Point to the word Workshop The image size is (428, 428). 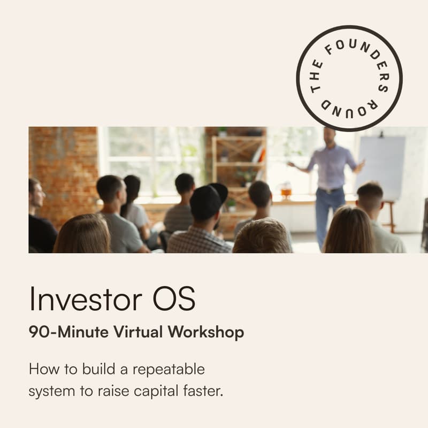[x=206, y=332]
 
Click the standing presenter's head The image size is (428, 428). [x=329, y=136]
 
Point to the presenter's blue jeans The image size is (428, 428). [x=327, y=214]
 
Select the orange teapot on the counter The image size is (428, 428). [x=286, y=190]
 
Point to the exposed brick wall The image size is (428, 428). [x=62, y=160]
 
